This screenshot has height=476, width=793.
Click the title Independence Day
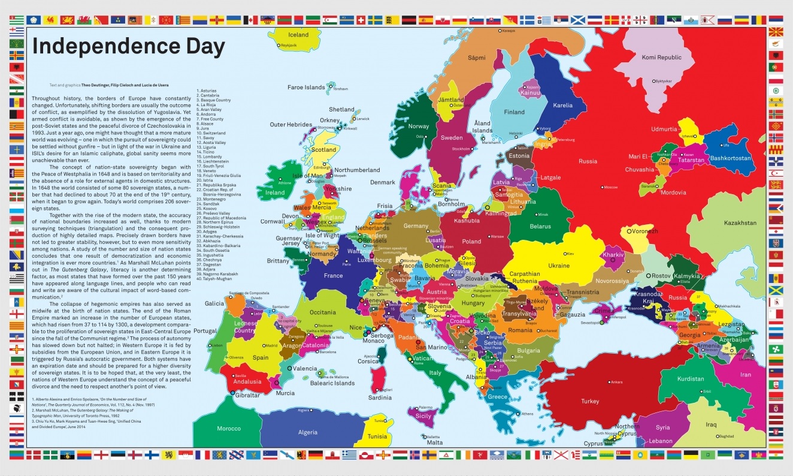pos(128,46)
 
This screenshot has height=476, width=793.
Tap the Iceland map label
pos(298,35)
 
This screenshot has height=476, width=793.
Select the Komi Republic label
pos(661,58)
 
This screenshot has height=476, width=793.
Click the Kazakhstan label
pos(740,222)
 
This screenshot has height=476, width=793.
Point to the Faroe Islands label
pos(306,88)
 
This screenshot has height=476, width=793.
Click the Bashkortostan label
pos(730,158)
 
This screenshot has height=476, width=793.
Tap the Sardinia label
pos(380,397)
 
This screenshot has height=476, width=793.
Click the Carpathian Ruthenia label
pos(525,277)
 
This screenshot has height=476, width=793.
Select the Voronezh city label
pos(643,231)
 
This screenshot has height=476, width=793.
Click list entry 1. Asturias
pos(207,91)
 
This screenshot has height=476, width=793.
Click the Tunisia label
pos(377,436)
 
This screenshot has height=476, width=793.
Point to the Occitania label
pos(323,312)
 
